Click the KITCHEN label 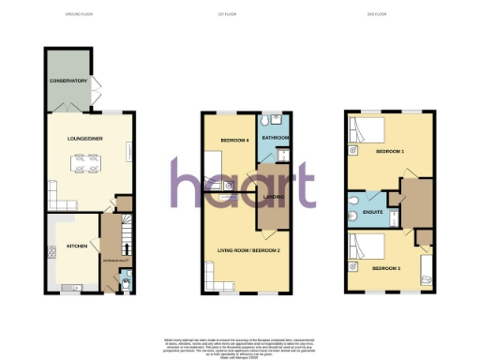pyautogui.click(x=77, y=247)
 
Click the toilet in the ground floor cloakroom pyautogui.click(x=126, y=277)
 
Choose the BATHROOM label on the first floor pyautogui.click(x=275, y=138)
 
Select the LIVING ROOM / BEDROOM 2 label pyautogui.click(x=250, y=249)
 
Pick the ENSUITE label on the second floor pyautogui.click(x=372, y=212)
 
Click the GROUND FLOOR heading pyautogui.click(x=80, y=14)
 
